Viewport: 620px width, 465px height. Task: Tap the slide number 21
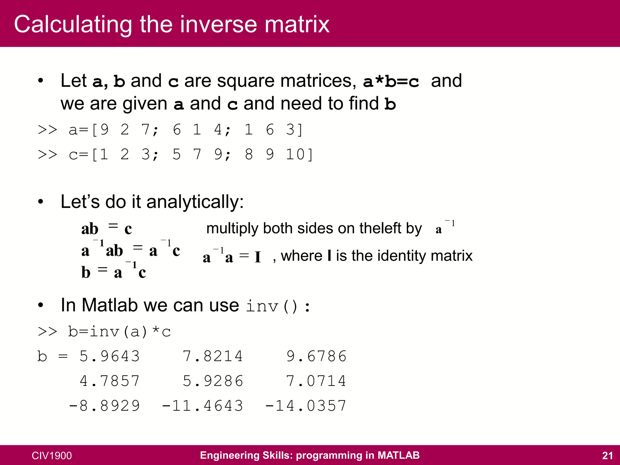pyautogui.click(x=607, y=455)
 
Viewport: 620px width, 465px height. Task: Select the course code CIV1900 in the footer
pyautogui.click(x=52, y=456)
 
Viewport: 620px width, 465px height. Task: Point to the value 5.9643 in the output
pyautogui.click(x=110, y=356)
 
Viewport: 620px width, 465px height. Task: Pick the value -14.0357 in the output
pyautogui.click(x=306, y=406)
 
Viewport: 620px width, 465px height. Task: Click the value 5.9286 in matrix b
pyautogui.click(x=213, y=381)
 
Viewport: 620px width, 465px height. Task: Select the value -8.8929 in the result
pyautogui.click(x=104, y=406)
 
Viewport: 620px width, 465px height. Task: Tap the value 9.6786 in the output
pyautogui.click(x=316, y=356)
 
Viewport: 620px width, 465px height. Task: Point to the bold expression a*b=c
pyautogui.click(x=391, y=81)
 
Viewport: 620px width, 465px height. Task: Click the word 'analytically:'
pyautogui.click(x=195, y=202)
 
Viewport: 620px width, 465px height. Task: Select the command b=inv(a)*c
pyautogui.click(x=120, y=332)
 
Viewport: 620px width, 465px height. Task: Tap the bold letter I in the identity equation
pyautogui.click(x=258, y=258)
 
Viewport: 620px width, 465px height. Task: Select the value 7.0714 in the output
pyautogui.click(x=316, y=381)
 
